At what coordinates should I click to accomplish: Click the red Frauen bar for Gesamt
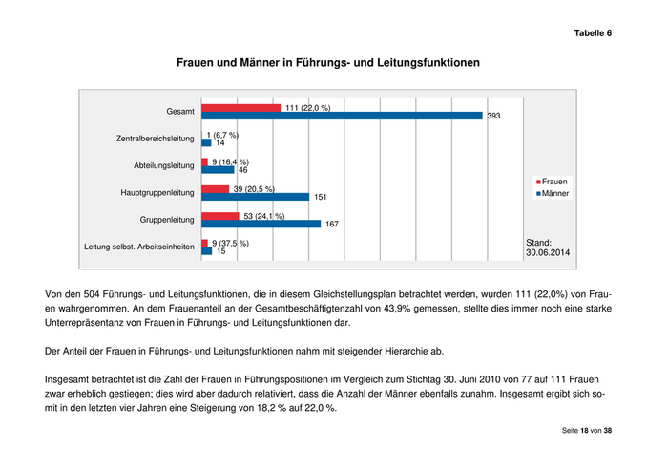tap(240, 107)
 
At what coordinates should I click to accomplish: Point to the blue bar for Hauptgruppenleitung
tap(255, 197)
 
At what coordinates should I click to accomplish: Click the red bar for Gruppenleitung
tap(221, 216)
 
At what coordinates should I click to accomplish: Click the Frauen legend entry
tap(553, 182)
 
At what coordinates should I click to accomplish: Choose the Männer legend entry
tap(553, 193)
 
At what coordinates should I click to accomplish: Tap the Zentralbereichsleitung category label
tap(155, 139)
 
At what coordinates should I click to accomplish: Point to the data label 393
tap(493, 117)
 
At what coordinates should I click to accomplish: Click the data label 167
tap(333, 226)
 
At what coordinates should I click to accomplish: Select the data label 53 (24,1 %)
tap(264, 216)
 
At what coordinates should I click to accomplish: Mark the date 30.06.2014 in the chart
tap(548, 254)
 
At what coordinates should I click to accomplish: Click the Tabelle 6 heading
tap(592, 33)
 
